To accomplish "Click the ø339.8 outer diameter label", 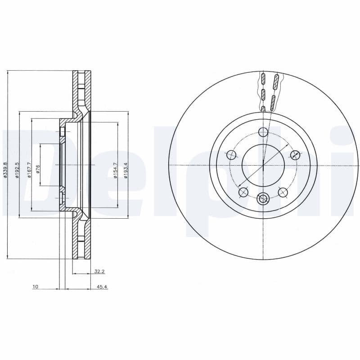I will point(5,170).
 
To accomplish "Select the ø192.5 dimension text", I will point(17,170).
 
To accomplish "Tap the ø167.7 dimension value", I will point(29,170).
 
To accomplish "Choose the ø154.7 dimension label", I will point(115,171).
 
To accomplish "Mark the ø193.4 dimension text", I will point(126,171).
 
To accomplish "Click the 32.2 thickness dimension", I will point(99,271).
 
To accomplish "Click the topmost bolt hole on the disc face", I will point(263,132).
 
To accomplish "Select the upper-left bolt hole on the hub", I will point(232,155).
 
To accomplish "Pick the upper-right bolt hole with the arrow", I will point(295,155).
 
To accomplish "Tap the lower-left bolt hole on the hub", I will point(243,192).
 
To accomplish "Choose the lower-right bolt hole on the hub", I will point(283,192).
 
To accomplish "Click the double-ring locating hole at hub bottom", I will point(263,198).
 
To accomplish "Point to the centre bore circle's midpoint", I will point(263,165).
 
